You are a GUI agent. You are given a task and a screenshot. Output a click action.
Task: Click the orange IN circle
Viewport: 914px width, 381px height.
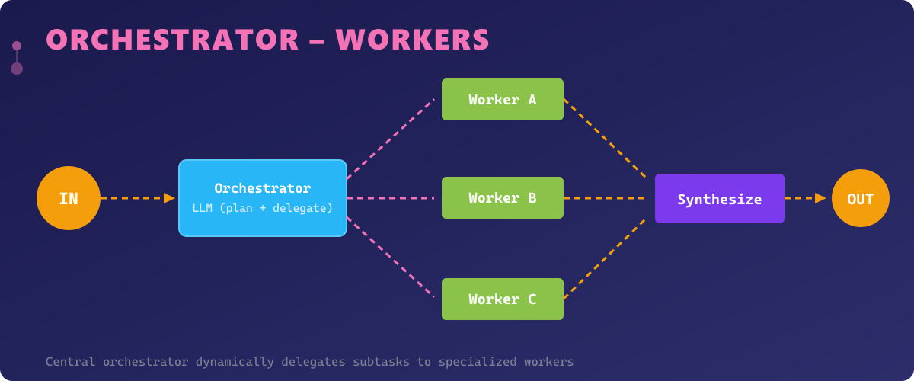coord(69,198)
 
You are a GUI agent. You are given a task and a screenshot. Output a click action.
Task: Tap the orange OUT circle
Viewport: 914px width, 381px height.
coord(861,198)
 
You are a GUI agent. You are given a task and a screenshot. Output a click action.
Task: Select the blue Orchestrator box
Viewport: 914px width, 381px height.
coord(263,198)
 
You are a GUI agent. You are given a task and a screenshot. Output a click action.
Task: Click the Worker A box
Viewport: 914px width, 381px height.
coord(503,99)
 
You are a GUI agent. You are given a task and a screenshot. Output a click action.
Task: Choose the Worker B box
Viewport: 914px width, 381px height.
coord(503,198)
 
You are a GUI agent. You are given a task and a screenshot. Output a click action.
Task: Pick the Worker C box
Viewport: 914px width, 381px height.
coord(503,299)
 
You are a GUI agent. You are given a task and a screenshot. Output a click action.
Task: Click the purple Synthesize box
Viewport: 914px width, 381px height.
coord(720,198)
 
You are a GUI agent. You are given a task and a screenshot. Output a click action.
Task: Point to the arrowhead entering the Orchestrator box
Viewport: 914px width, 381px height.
coord(170,198)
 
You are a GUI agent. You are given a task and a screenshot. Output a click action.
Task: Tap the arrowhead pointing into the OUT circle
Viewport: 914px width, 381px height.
coord(821,198)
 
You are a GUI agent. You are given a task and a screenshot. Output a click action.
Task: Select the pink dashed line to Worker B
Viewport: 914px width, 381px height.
coord(390,198)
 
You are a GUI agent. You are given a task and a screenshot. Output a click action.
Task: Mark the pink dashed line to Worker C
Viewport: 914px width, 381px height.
coord(390,258)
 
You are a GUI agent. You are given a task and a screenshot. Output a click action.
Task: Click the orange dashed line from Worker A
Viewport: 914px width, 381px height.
coord(605,138)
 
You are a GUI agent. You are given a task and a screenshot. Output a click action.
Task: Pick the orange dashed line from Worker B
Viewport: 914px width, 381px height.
coord(605,198)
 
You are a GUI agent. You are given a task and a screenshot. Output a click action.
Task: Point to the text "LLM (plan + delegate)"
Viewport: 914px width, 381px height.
coord(263,208)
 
